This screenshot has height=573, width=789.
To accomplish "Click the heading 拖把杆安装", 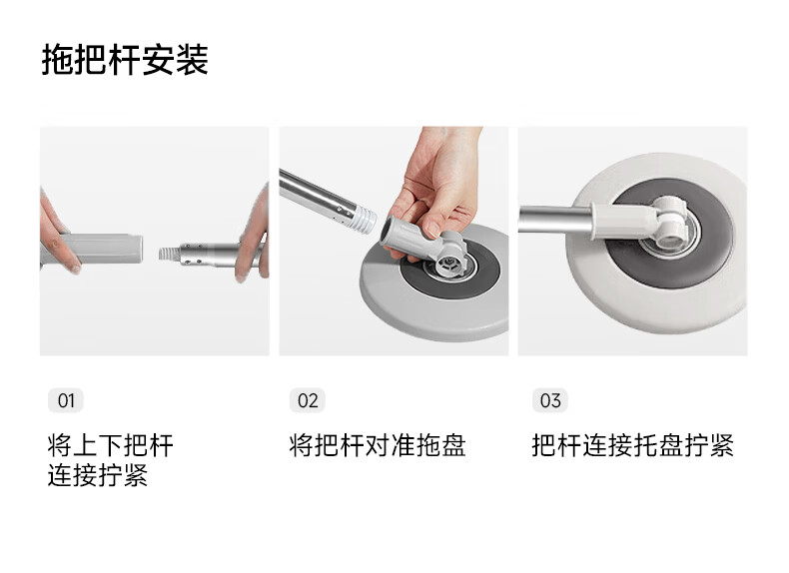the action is [x=125, y=60].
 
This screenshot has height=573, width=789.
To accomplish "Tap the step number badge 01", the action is [x=65, y=400].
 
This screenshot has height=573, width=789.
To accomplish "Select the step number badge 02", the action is [x=308, y=400].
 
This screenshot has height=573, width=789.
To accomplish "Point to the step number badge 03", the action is [x=550, y=400].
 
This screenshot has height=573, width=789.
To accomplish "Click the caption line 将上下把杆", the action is [x=111, y=445].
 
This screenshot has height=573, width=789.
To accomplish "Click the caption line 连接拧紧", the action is [x=98, y=475].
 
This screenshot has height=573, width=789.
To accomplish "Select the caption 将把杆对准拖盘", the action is [x=378, y=445].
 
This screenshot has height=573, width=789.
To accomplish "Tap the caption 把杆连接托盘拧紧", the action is [x=633, y=445].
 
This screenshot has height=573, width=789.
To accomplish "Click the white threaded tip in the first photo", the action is [x=169, y=254].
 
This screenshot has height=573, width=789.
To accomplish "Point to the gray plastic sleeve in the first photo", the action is [x=103, y=249].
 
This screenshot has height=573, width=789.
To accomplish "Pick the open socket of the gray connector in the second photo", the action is [x=390, y=231].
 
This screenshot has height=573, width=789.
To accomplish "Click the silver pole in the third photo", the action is [x=554, y=220].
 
